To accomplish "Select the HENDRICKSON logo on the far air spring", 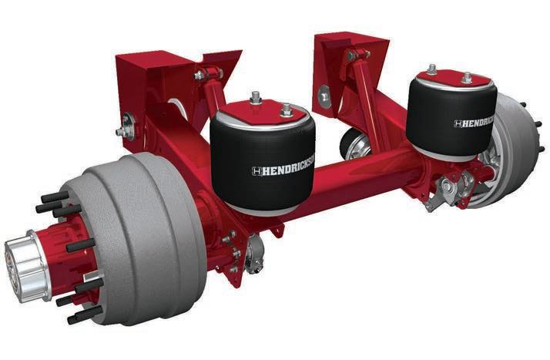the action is point(475,123).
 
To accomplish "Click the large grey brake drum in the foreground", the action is point(140,239).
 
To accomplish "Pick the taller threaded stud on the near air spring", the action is point(256,97).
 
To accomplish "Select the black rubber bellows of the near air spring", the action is point(263,165).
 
